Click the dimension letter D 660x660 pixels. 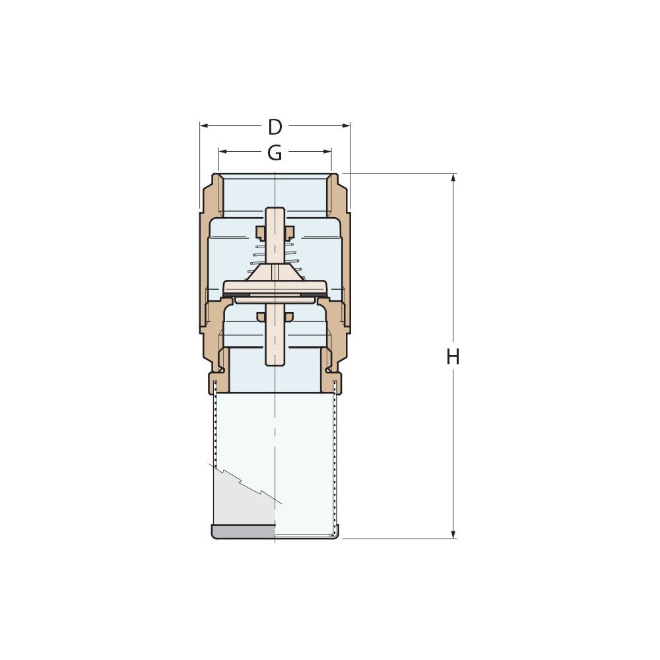(275, 127)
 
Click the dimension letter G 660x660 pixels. (275, 153)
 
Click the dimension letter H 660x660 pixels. (453, 357)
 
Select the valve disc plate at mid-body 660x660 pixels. (275, 288)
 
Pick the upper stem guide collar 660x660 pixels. (275, 232)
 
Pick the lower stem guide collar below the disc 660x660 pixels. (275, 317)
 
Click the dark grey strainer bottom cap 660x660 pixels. (243, 531)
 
